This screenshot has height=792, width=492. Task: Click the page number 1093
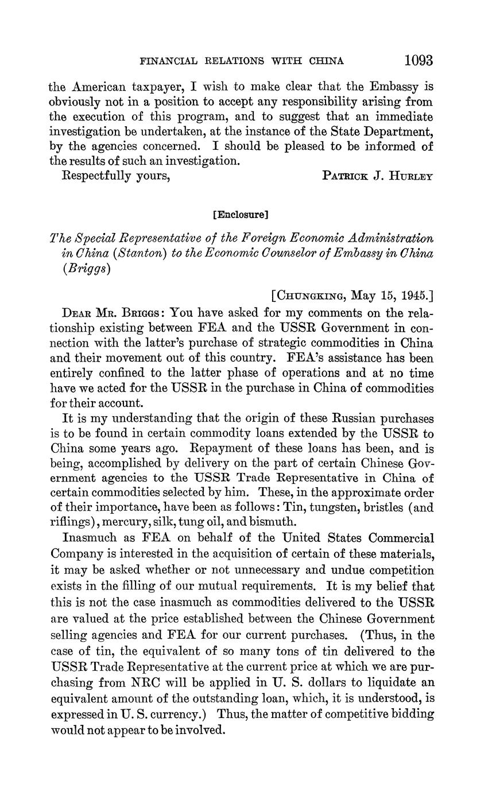[x=418, y=60]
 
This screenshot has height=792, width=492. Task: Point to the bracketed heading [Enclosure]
[x=241, y=215]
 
